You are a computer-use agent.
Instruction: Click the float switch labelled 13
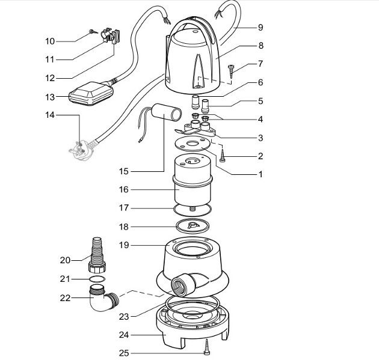pyautogui.click(x=91, y=94)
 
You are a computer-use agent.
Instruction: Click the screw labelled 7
pyautogui.click(x=231, y=72)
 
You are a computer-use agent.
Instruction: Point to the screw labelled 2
pyautogui.click(x=222, y=156)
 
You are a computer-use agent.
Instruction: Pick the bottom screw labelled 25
pyautogui.click(x=207, y=347)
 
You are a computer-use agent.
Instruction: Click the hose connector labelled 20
pyautogui.click(x=97, y=255)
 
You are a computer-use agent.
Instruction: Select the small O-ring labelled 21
pyautogui.click(x=97, y=279)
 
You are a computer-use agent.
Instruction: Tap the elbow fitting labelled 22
pyautogui.click(x=103, y=299)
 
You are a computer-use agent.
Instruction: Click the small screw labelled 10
pyautogui.click(x=93, y=32)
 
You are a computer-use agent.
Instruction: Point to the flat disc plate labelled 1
pyautogui.click(x=193, y=144)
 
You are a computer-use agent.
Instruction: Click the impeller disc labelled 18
pyautogui.click(x=193, y=226)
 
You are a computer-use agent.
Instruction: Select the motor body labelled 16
pyautogui.click(x=193, y=180)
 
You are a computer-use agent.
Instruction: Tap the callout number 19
pyautogui.click(x=124, y=245)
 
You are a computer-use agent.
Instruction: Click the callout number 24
pyautogui.click(x=124, y=335)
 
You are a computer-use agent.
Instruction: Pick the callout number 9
pyautogui.click(x=260, y=27)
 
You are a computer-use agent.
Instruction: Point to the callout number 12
pyautogui.click(x=50, y=78)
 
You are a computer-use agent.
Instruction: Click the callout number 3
pyautogui.click(x=260, y=138)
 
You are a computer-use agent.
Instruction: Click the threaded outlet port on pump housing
pyautogui.click(x=183, y=285)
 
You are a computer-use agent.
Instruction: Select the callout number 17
pyautogui.click(x=124, y=207)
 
